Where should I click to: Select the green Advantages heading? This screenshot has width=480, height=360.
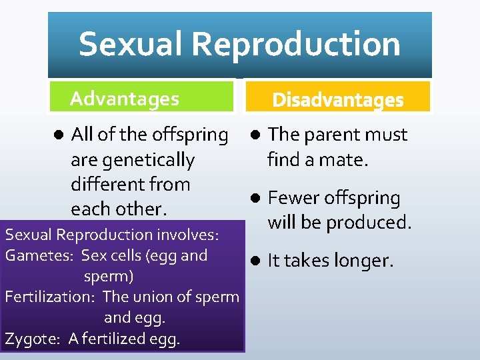click(x=125, y=99)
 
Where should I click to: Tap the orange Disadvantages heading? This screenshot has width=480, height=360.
click(x=338, y=100)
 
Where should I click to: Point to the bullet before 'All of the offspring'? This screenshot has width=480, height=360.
click(x=58, y=135)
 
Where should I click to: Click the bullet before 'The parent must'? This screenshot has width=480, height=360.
click(x=256, y=135)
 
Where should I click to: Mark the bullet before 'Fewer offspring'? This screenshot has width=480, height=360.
click(x=256, y=198)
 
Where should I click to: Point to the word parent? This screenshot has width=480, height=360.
click(x=332, y=135)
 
